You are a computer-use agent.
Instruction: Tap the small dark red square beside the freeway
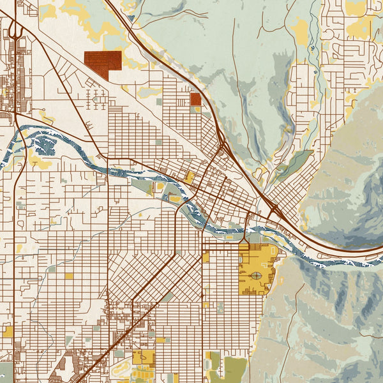point(196,99)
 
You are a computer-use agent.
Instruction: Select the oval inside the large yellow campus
point(256,276)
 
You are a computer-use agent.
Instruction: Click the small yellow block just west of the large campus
point(206,258)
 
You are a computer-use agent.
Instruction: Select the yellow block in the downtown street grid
point(190,177)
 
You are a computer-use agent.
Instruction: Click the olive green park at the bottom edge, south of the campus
point(234,369)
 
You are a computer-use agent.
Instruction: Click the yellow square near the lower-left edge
point(8,331)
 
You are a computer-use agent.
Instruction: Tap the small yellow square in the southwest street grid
point(69,276)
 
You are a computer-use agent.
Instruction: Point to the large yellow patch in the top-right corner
point(361,27)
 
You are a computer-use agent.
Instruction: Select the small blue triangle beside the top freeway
point(131,18)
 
